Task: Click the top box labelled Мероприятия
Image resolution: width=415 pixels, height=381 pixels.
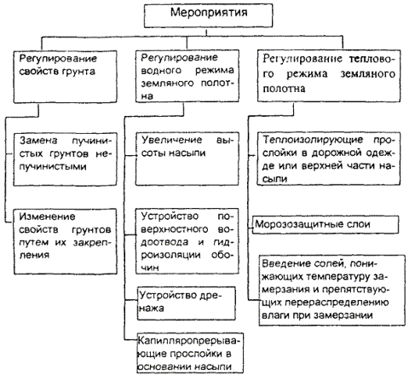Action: (x=209, y=16)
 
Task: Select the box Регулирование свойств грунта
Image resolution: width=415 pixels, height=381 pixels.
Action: (x=66, y=77)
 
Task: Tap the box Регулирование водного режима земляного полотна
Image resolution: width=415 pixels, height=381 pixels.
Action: (x=187, y=76)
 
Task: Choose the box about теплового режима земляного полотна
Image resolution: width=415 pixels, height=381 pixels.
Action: (x=329, y=76)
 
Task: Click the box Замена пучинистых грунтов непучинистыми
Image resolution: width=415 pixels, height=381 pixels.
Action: (x=66, y=159)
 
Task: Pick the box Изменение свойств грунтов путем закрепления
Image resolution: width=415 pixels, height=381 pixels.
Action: (x=66, y=241)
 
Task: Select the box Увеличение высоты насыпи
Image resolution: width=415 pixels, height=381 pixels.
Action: (x=187, y=159)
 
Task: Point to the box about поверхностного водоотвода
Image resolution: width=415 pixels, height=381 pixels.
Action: (x=187, y=241)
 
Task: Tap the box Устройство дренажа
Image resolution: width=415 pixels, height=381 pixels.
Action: (x=187, y=303)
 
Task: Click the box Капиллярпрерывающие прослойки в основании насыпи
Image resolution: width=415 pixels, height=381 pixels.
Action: (x=190, y=353)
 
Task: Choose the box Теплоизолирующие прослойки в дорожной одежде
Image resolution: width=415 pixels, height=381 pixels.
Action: (x=329, y=159)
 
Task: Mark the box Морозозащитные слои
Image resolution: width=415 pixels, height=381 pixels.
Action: (x=326, y=225)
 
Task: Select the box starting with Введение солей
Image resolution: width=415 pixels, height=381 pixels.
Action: (x=332, y=291)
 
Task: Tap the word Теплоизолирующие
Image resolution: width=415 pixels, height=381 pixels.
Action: (x=313, y=140)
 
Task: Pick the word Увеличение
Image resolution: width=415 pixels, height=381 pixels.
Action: (x=172, y=140)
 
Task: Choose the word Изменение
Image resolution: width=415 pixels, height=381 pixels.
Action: (x=47, y=216)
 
